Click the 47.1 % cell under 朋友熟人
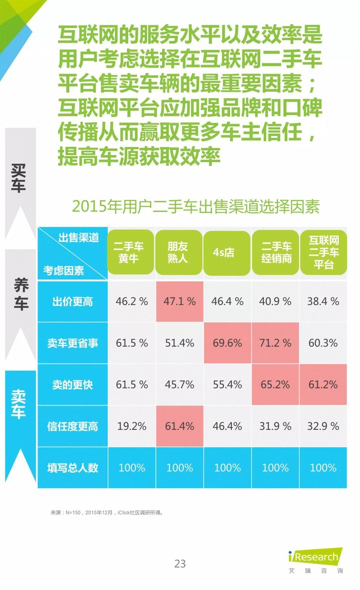click(x=179, y=301)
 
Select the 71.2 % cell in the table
click(x=275, y=343)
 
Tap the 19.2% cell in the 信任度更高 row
click(x=131, y=426)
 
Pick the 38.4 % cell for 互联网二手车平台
click(x=323, y=301)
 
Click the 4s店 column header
click(x=227, y=253)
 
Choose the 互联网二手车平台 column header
click(x=323, y=253)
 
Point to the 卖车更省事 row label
click(x=72, y=343)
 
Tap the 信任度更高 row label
click(x=72, y=426)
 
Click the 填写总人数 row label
click(x=72, y=468)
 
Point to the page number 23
click(x=180, y=563)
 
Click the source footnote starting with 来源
click(x=107, y=513)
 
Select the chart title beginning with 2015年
click(x=196, y=206)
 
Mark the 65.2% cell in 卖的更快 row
click(x=275, y=385)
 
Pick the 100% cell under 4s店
click(x=227, y=468)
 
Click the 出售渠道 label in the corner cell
click(x=78, y=237)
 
